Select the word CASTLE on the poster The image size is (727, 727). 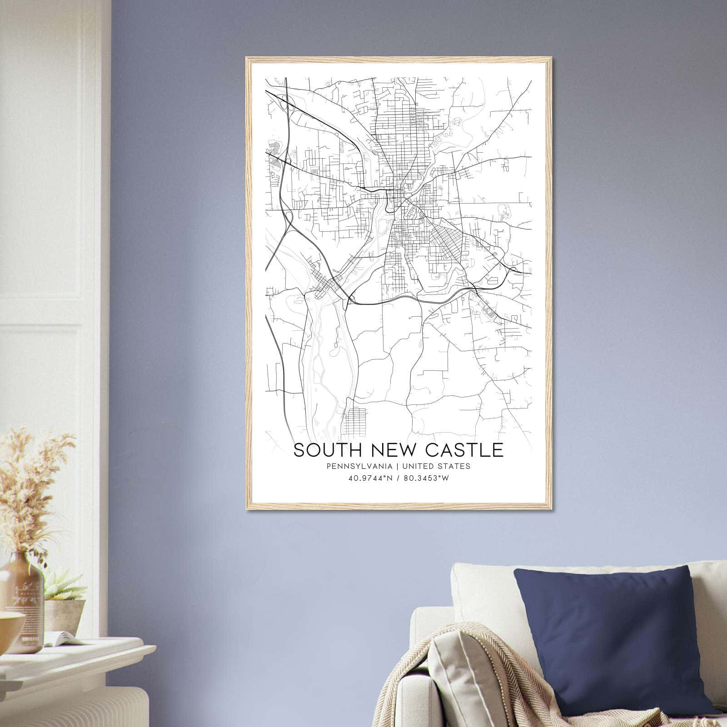[x=464, y=450]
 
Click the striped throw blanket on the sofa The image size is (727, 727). [x=459, y=682]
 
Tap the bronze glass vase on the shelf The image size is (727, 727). [x=20, y=600]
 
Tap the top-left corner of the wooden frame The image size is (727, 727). [x=247, y=58]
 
